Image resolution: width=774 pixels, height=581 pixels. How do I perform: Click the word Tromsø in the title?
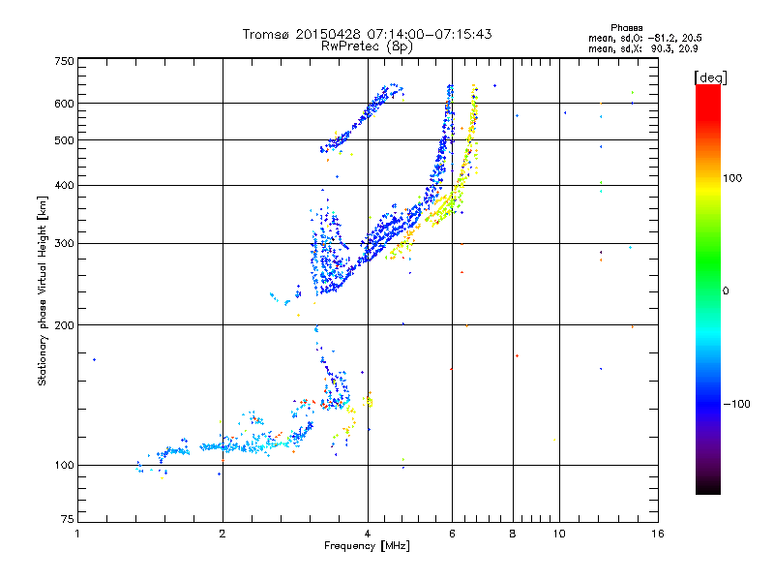(x=267, y=34)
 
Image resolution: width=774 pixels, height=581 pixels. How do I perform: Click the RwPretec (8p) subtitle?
(x=367, y=46)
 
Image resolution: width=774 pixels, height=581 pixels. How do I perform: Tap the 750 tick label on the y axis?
(x=65, y=61)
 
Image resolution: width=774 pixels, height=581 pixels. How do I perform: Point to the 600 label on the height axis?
(x=65, y=104)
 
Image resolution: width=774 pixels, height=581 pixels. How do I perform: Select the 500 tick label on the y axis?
(x=65, y=140)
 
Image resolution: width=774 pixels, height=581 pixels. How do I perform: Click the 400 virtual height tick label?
(x=65, y=186)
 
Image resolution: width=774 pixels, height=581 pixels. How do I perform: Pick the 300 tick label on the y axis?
(x=65, y=244)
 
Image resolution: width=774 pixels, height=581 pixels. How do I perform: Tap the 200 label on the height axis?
(x=65, y=325)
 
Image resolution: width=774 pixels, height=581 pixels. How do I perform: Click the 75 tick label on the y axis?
(x=68, y=519)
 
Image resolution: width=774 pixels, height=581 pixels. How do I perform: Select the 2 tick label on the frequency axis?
(x=223, y=534)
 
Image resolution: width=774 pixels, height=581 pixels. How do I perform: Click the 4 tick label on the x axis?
(x=368, y=534)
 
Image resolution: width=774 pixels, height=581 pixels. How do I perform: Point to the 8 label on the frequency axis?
(x=513, y=534)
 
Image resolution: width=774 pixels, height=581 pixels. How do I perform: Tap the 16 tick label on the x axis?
(x=658, y=534)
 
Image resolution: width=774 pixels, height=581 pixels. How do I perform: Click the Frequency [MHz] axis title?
(x=368, y=546)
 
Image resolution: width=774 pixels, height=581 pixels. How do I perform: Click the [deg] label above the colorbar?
(x=710, y=78)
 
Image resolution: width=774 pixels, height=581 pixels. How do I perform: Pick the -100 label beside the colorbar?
(x=737, y=404)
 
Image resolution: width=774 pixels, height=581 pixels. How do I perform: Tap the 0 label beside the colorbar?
(x=726, y=291)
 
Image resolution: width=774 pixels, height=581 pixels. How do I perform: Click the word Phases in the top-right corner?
(x=627, y=28)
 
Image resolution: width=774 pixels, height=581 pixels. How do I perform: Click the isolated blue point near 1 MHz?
(x=94, y=359)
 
